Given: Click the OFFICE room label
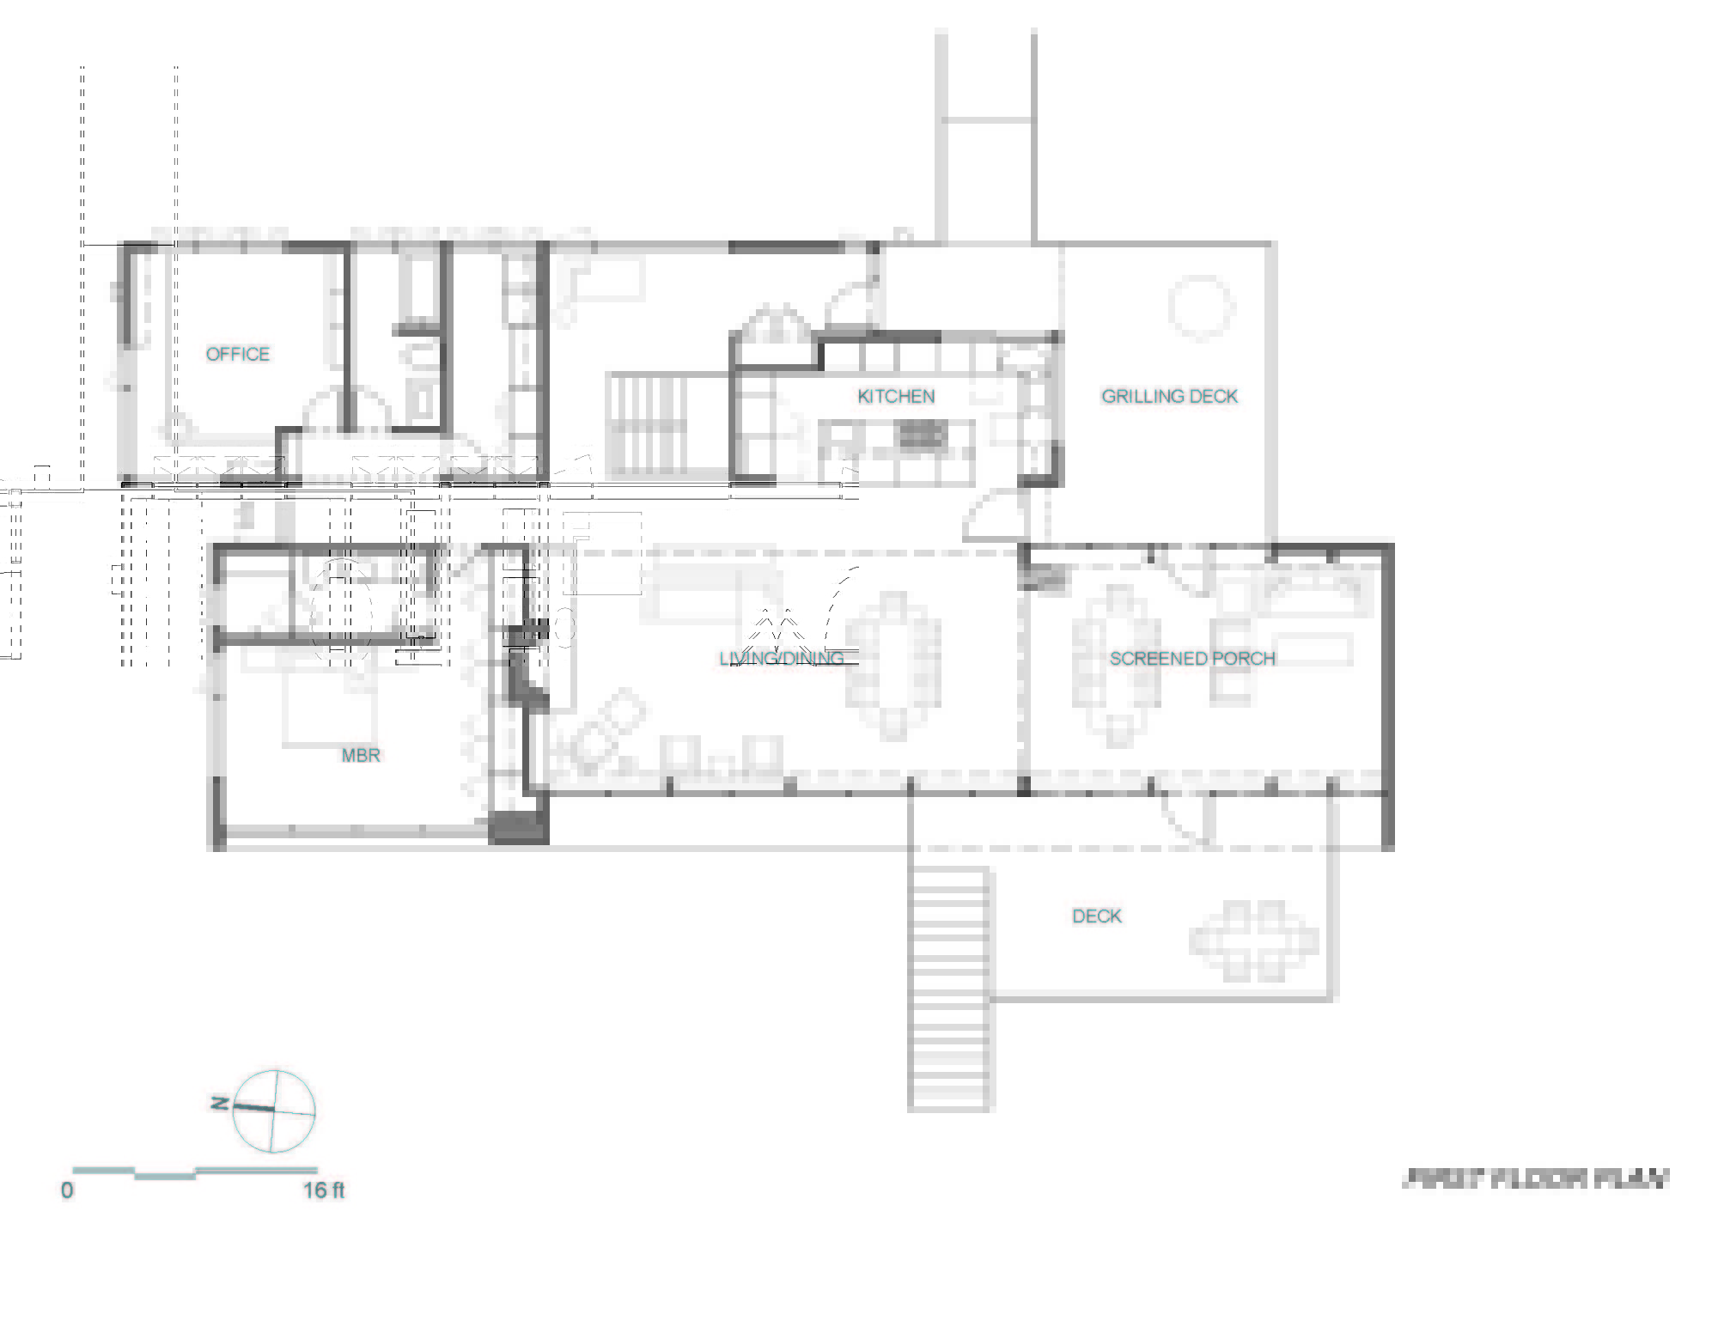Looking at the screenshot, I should click(237, 354).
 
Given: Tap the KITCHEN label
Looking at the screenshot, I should click(896, 396).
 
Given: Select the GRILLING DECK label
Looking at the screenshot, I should click(1169, 396).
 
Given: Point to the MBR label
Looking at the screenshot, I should click(361, 755).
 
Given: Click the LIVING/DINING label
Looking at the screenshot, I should click(782, 658).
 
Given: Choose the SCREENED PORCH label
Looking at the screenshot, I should click(1192, 658).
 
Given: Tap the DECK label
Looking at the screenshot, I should click(1097, 916).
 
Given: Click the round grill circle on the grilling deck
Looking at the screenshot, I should click(1201, 307).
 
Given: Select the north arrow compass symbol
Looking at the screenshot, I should click(274, 1111).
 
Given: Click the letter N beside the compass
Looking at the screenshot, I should click(220, 1103).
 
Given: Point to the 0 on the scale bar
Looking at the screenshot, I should click(67, 1190).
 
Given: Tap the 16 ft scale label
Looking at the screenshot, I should click(323, 1190).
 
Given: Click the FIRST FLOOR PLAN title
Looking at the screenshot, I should click(1536, 1178).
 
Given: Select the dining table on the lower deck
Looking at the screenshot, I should click(1254, 941).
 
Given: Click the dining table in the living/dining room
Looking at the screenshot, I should click(893, 666).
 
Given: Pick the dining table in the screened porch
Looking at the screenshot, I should click(1118, 666).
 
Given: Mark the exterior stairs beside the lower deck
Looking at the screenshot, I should click(949, 988).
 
